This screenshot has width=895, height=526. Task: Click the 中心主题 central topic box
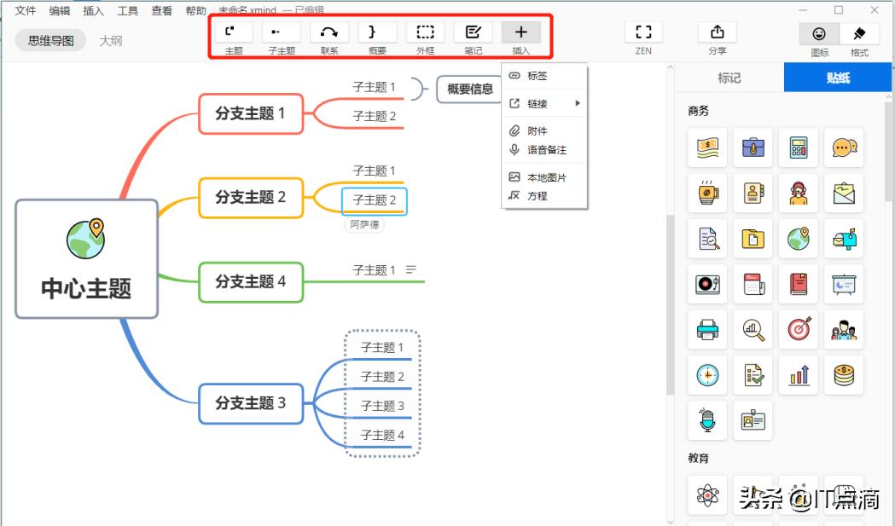coord(86,259)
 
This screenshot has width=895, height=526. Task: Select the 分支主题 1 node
coord(251,113)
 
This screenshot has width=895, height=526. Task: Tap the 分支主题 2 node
coord(251,197)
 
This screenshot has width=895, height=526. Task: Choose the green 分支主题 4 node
coord(251,281)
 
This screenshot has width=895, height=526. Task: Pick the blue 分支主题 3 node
coord(251,403)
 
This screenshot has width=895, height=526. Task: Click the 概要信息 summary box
coord(469,89)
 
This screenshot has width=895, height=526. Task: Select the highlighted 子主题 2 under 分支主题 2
coord(375,200)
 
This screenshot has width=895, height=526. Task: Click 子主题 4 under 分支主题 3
coord(382,436)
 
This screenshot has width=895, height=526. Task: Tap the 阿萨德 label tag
coord(364,225)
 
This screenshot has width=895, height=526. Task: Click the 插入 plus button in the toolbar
coord(521,32)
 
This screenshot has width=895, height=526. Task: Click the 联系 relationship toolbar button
coord(329,32)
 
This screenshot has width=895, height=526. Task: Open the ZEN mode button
coord(643,32)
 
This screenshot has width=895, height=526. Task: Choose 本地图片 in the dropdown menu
coord(546,177)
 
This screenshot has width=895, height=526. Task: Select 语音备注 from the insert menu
coord(546,150)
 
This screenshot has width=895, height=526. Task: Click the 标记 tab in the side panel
coord(729,78)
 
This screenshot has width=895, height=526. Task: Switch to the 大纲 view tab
coord(111,40)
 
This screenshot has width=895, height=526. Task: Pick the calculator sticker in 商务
coord(799,147)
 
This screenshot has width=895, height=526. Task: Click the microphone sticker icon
coord(707,420)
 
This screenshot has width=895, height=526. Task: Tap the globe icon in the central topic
coord(86,238)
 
